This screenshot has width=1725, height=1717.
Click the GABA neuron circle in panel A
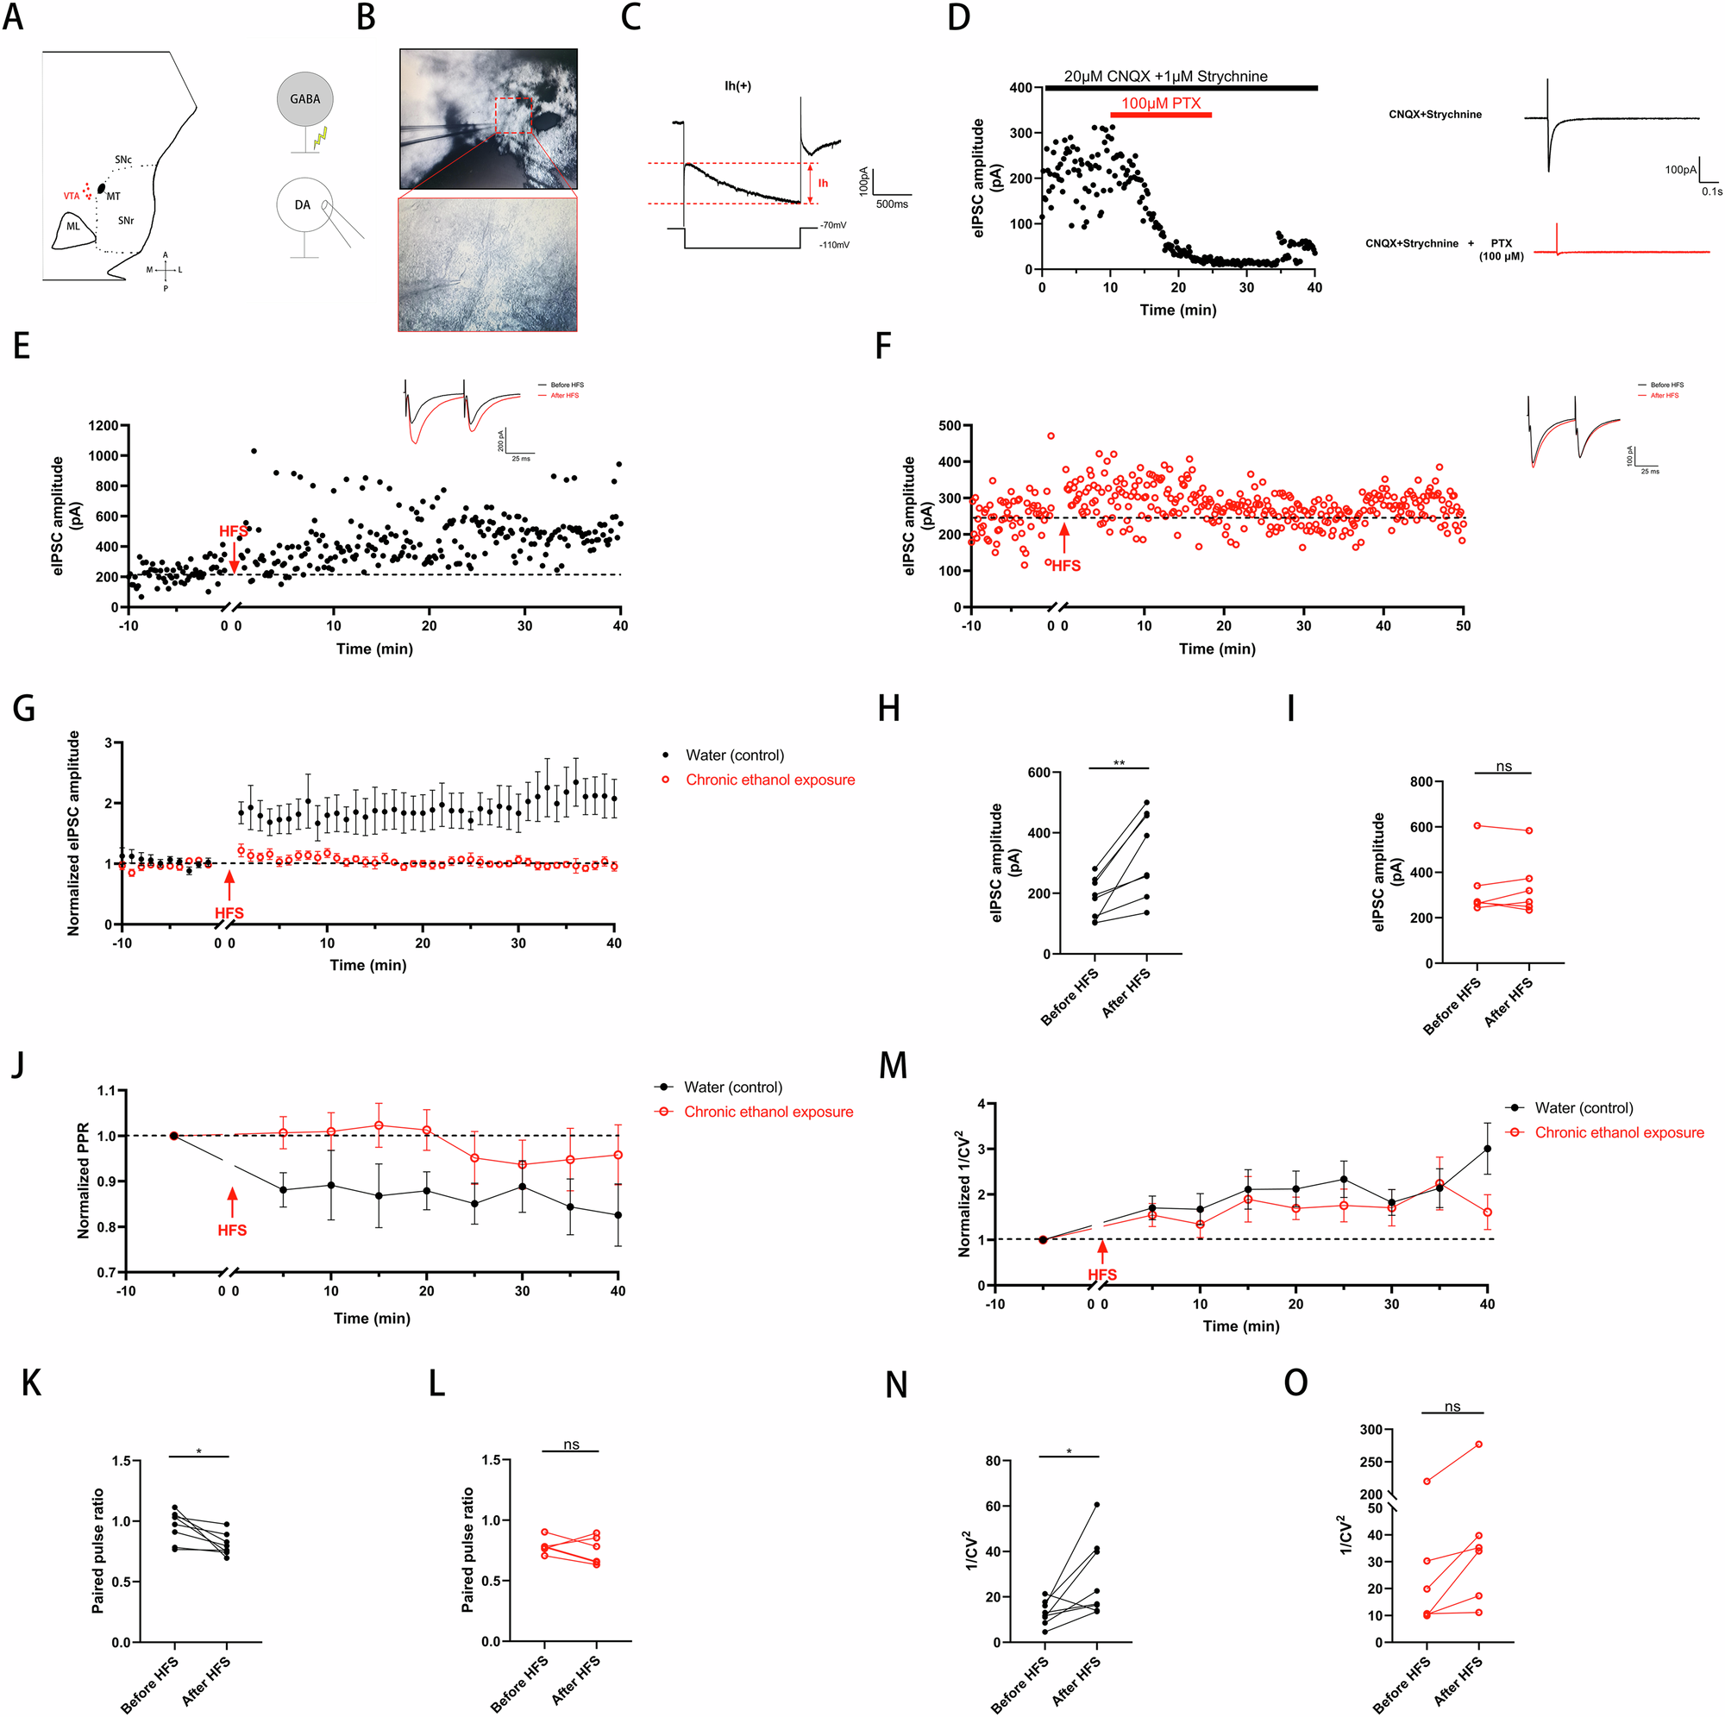304,99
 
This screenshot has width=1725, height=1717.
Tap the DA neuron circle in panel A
304,205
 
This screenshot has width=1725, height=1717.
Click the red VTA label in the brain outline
72,196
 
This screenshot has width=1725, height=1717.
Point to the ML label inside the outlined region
73,226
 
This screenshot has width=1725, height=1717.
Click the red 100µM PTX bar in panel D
1161,115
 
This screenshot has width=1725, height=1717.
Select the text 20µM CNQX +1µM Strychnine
1165,77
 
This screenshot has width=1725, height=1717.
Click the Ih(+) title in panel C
737,85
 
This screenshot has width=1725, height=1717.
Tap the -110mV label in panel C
835,245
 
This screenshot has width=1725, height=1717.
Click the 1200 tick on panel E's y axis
103,426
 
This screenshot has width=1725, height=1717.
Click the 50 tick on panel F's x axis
1463,626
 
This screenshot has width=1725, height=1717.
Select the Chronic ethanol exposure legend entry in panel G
769,780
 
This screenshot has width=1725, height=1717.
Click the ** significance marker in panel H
1119,763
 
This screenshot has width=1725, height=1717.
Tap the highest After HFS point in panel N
1096,1506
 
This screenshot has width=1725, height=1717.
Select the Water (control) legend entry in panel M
1583,1108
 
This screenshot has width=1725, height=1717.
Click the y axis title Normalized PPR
83,1181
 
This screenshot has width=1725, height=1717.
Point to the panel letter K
31,1383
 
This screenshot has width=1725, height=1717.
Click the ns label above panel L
572,1444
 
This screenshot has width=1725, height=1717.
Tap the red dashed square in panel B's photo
512,116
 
